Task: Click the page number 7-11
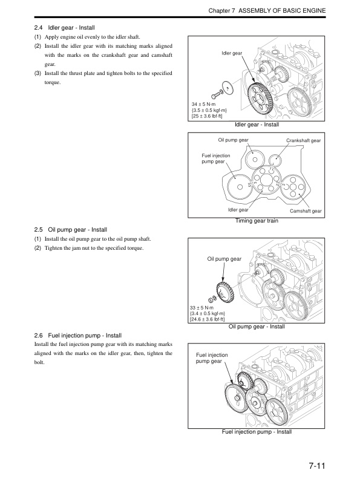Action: click(316, 466)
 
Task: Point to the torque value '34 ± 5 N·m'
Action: click(205, 104)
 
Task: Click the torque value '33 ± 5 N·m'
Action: click(205, 307)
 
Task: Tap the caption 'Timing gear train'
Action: click(257, 221)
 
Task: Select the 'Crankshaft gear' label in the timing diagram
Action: click(303, 141)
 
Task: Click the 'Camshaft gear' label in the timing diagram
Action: click(306, 210)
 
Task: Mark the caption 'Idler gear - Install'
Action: click(257, 125)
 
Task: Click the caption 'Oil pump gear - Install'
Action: click(257, 327)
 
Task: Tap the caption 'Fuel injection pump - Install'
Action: click(257, 432)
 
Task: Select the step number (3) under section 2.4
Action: click(38, 73)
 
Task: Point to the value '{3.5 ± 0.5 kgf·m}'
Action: click(209, 110)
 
